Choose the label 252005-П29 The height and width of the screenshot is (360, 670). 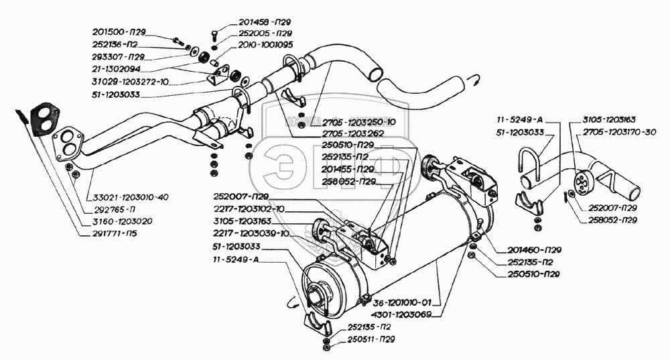pyautogui.click(x=265, y=33)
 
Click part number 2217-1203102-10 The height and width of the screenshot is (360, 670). pyautogui.click(x=255, y=208)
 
